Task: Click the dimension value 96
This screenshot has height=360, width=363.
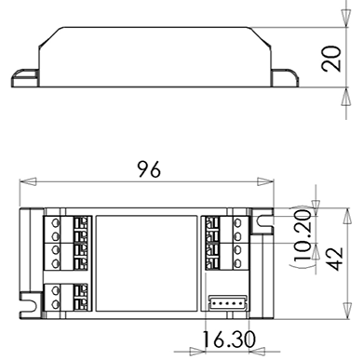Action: pos(149,169)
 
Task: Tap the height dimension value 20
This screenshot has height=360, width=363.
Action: pos(331,59)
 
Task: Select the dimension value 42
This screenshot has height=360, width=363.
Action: pos(335,259)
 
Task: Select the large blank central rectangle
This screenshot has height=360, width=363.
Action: pos(146,263)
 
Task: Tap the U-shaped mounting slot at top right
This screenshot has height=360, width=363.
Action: pos(262,221)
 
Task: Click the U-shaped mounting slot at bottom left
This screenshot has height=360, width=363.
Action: pos(32,304)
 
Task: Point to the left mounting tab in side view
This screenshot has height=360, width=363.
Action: pos(25,78)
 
